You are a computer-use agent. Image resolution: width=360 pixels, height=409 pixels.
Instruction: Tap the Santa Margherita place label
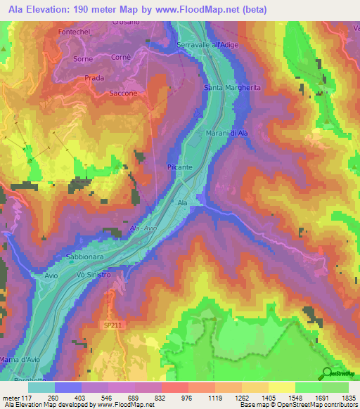click(231, 87)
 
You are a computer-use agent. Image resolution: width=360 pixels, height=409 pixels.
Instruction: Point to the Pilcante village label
click(181, 167)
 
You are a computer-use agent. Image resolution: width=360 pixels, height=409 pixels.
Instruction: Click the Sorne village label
click(84, 59)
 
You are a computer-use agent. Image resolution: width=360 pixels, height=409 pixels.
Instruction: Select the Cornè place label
click(121, 58)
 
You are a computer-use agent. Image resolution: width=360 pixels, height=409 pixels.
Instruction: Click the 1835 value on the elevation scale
click(347, 397)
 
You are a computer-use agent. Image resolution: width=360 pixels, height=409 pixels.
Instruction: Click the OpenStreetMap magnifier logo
click(328, 373)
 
